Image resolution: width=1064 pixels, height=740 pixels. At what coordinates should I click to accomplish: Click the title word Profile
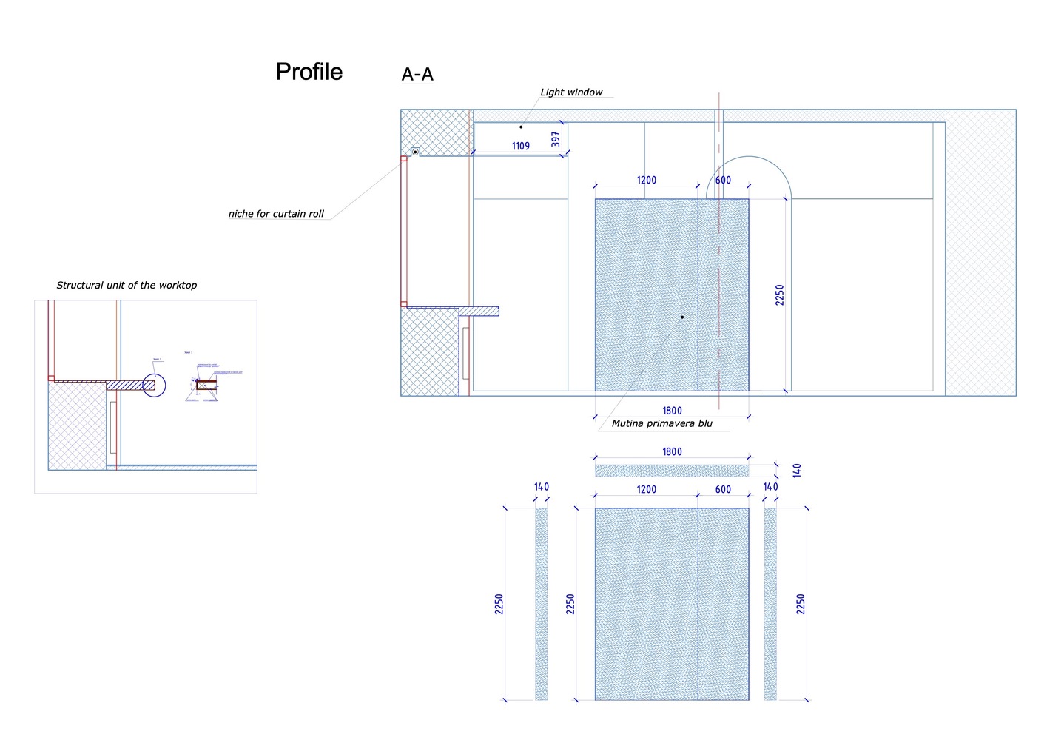coord(309,72)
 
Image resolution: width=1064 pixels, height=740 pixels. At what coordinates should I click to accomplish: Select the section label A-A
coord(417,74)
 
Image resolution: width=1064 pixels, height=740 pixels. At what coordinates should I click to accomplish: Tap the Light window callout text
coord(571,92)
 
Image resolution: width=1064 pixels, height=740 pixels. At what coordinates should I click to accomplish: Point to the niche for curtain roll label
coord(276,214)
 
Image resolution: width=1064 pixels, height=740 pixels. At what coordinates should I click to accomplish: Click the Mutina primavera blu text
coord(661,424)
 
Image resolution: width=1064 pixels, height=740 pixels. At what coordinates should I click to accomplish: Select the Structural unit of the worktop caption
coord(127,285)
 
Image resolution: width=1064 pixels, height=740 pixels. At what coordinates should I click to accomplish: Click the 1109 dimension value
coord(521,146)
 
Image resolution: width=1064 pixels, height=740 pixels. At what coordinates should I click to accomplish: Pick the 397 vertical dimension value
coord(556,138)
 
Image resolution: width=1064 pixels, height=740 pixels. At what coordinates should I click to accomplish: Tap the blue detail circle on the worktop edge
coord(154,385)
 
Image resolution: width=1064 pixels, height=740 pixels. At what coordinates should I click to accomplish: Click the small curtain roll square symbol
coord(415,152)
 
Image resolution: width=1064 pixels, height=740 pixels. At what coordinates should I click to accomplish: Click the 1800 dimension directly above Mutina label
coord(672,411)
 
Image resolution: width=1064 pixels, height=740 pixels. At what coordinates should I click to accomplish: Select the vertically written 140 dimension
coord(797,470)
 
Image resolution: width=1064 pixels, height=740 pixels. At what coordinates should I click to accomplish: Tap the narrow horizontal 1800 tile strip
coord(671,471)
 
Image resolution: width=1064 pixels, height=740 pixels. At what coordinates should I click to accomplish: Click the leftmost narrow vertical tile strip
coord(541,603)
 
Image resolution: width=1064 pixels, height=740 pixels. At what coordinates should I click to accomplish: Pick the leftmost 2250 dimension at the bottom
coord(499,603)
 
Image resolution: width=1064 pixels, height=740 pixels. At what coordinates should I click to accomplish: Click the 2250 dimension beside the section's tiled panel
coord(779,295)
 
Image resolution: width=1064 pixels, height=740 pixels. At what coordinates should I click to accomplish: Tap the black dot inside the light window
coord(521,127)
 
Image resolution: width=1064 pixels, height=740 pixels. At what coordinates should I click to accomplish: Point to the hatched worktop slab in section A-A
coord(479,311)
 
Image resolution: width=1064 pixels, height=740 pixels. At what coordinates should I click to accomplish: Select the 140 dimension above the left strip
coord(542,487)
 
